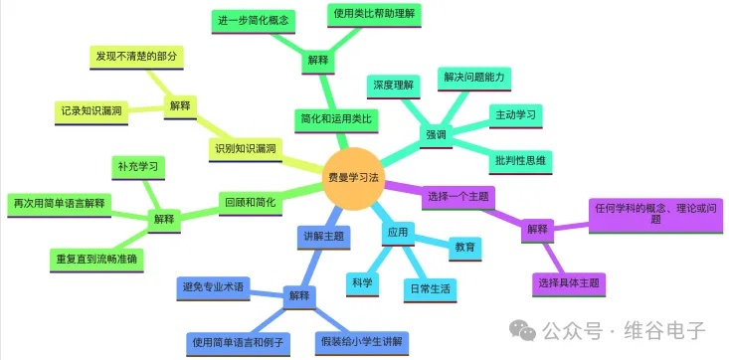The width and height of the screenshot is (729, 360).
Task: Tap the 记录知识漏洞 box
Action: tap(91, 111)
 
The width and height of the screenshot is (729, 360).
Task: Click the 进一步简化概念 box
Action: tap(254, 19)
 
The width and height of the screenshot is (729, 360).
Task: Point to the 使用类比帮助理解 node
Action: tap(376, 16)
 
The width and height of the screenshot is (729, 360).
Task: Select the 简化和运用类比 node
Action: tap(335, 118)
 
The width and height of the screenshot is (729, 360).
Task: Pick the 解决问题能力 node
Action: tap(474, 78)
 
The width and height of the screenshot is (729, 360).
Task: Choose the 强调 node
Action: tap(436, 133)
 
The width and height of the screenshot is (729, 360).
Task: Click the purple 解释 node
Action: tap(537, 229)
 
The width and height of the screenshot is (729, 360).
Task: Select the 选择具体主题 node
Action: tap(568, 283)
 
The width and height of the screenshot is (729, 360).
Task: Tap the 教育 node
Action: tap(463, 246)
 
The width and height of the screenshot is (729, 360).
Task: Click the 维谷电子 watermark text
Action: tap(662, 329)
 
